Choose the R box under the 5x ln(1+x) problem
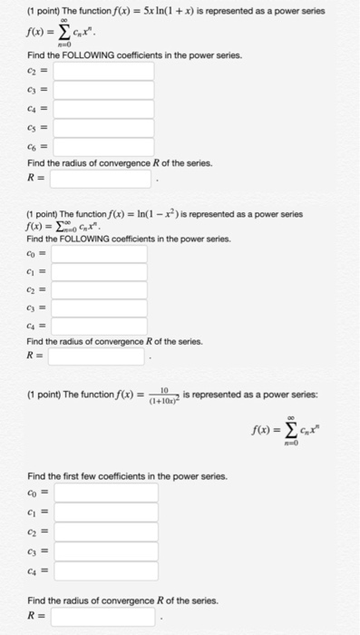pos(98,180)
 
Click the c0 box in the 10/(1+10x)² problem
pos(105,493)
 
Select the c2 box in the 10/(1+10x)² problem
pos(105,532)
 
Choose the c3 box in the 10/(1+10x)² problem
pos(105,551)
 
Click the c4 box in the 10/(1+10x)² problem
pos(105,571)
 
